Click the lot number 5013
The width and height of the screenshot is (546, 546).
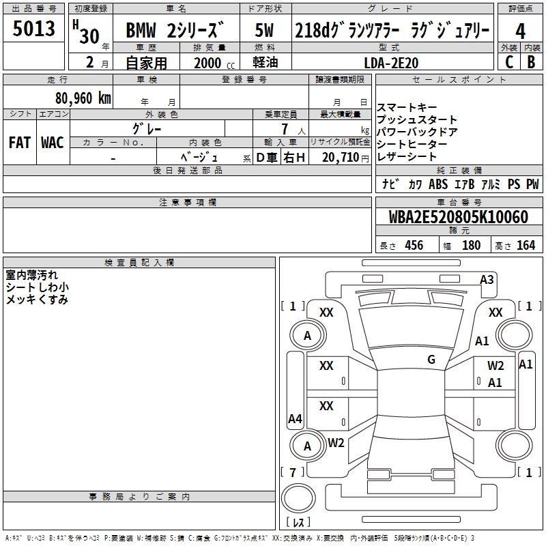(33, 29)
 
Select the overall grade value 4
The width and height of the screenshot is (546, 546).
(520, 31)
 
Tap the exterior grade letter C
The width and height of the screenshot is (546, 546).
(509, 62)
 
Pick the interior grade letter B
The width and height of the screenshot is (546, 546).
(531, 62)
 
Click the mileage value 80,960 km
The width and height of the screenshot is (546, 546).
(83, 98)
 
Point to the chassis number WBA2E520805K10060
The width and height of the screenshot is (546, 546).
(458, 217)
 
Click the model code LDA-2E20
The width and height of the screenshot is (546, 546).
(391, 63)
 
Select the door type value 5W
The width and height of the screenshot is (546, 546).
(264, 30)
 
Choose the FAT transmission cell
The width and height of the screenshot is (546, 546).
(20, 143)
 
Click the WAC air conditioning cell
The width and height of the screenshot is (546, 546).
(53, 143)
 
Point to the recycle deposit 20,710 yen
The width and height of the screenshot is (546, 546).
(345, 158)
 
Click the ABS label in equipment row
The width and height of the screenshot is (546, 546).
(438, 184)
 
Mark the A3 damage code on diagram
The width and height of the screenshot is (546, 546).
(487, 280)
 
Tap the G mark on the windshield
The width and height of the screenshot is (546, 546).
(431, 359)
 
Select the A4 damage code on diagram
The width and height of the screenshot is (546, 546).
(295, 418)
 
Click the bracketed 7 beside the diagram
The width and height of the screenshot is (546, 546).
(293, 472)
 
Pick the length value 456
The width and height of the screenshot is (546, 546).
(414, 245)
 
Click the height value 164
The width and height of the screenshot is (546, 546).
(526, 245)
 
